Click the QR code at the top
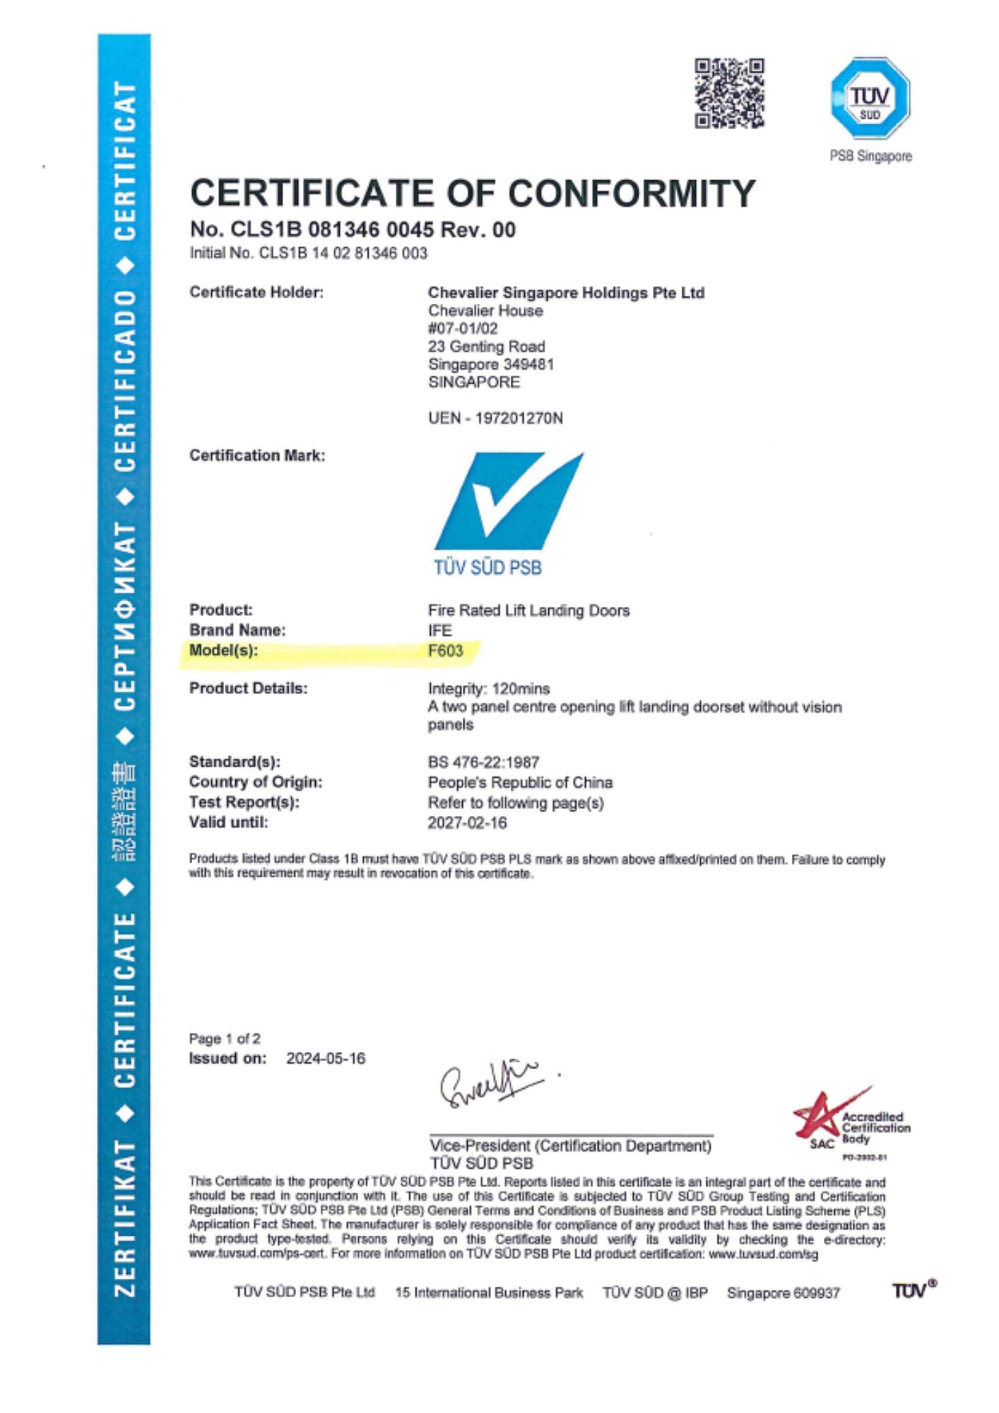(729, 93)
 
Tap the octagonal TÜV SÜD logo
(870, 97)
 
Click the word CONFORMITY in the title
(632, 193)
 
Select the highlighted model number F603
(446, 651)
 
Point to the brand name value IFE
(439, 630)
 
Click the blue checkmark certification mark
(509, 500)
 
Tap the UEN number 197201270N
(519, 418)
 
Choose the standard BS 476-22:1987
(483, 762)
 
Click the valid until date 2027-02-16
(467, 822)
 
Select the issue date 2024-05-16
(326, 1058)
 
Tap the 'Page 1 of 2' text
(225, 1039)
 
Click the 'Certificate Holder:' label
(256, 292)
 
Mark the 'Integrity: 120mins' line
(489, 689)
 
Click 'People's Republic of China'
(520, 783)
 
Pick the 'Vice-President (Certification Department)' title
(570, 1145)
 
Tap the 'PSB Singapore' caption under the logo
(870, 156)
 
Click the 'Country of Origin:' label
(256, 782)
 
